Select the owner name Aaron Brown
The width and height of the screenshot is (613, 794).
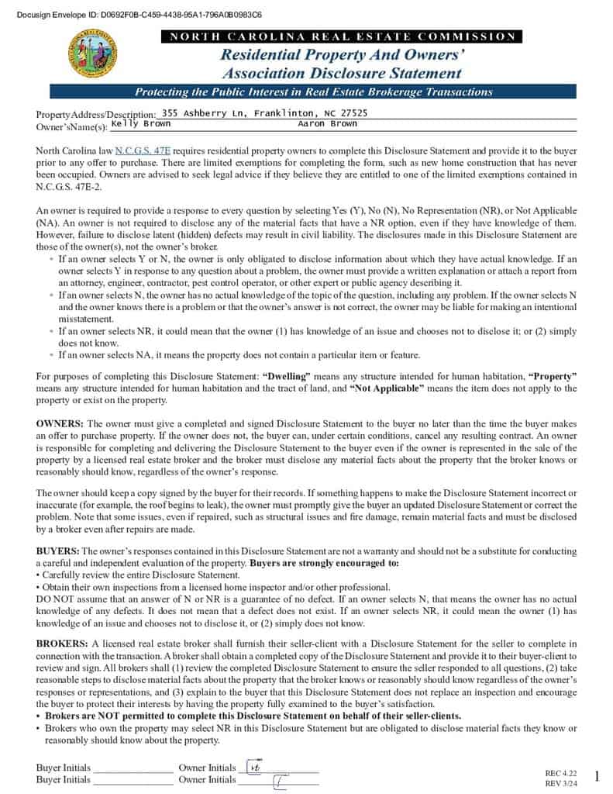tap(327, 124)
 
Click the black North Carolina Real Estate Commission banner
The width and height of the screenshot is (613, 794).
tap(340, 36)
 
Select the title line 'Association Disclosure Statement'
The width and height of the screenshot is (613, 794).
tap(341, 74)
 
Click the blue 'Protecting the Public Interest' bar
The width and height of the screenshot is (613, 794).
tap(313, 92)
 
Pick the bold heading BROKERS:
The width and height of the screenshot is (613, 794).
tap(61, 644)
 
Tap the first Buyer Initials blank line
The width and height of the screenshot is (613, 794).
tap(133, 768)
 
